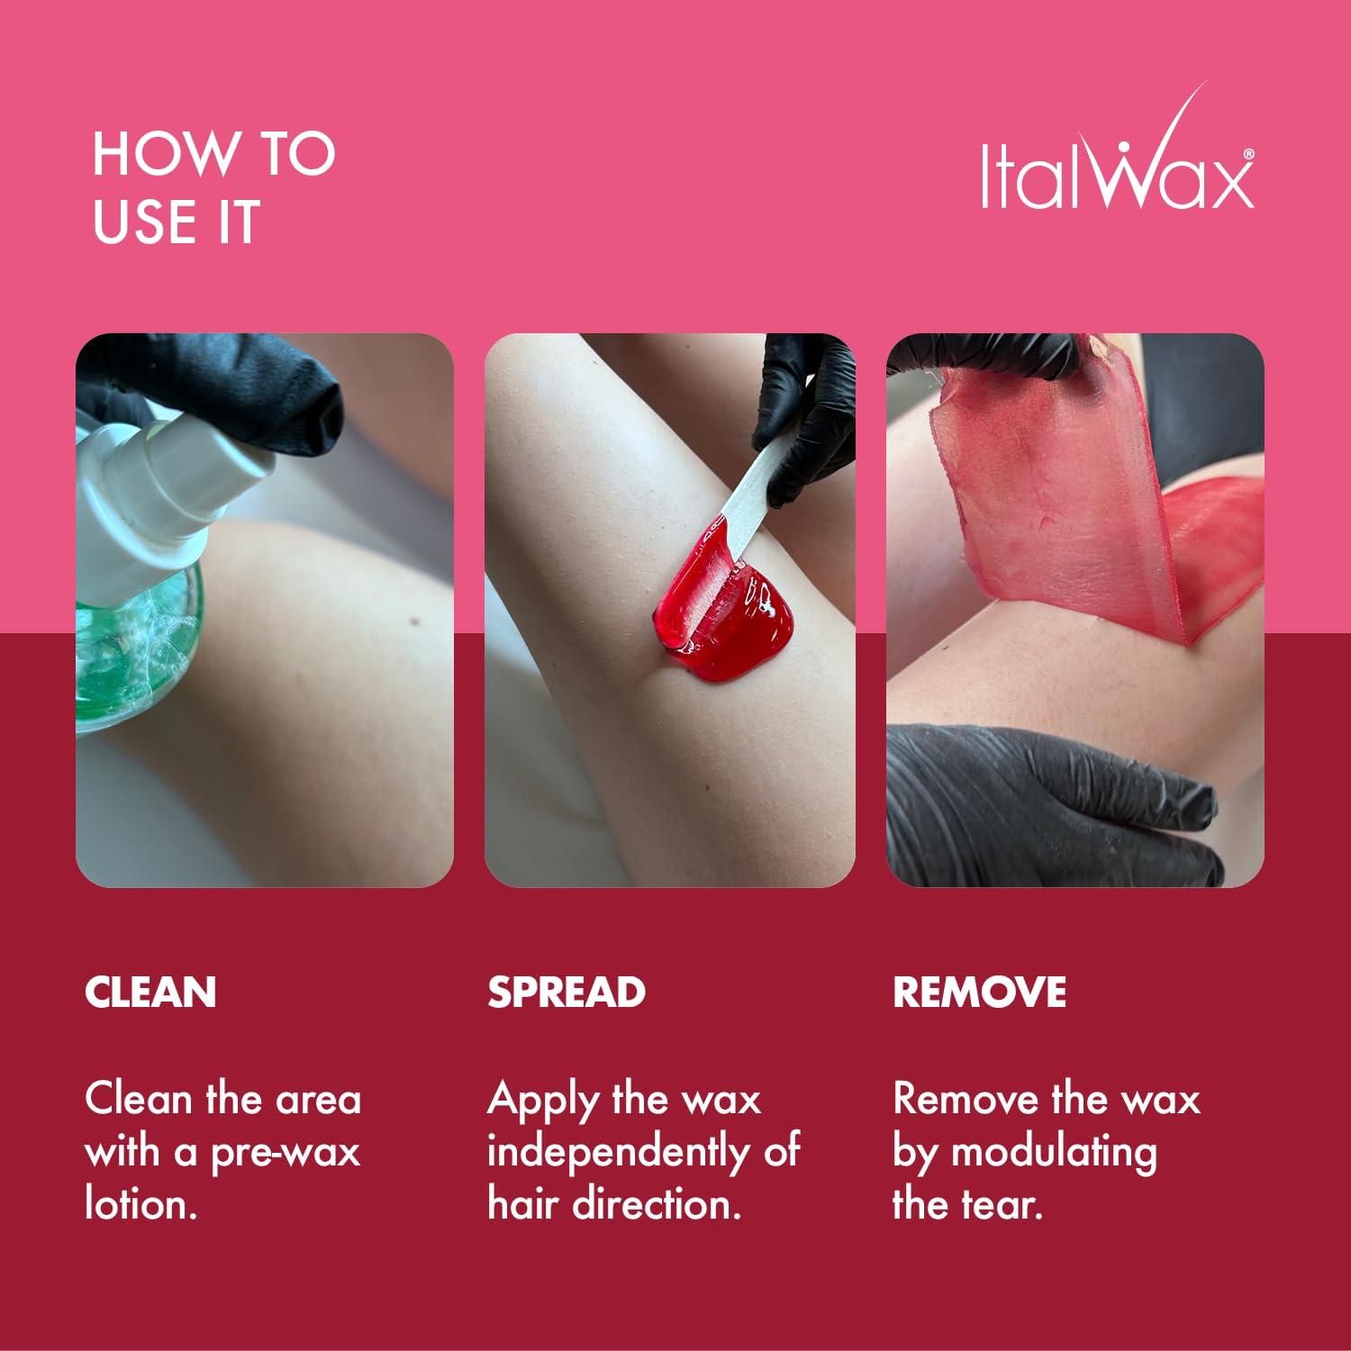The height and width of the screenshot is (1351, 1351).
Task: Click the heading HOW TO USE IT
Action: pos(213,187)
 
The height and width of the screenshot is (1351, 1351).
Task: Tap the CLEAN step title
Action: pos(150,992)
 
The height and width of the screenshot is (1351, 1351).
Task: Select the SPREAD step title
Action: pos(567,992)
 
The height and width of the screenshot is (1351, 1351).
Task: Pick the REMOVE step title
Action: pos(979,992)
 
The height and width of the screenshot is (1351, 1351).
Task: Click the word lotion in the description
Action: pos(140,1205)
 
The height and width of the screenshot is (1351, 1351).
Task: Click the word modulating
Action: pos(1054,1153)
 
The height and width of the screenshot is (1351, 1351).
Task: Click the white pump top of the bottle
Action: pos(180,486)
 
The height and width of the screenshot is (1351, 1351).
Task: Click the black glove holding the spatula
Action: pos(811,405)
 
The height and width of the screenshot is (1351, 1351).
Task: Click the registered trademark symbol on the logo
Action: pos(1247,155)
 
